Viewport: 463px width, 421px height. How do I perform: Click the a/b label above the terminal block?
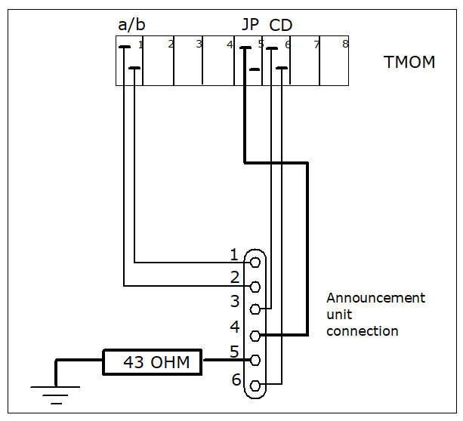click(131, 25)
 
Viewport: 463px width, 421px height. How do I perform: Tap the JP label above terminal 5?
click(251, 24)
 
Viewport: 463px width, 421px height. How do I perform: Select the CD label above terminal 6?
click(280, 25)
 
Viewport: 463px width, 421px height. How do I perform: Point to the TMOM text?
click(409, 62)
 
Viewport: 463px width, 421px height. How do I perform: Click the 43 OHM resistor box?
click(153, 362)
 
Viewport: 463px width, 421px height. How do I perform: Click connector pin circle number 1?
click(255, 262)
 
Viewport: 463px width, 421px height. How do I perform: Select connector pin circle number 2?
click(255, 287)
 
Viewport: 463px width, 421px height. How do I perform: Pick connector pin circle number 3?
click(255, 309)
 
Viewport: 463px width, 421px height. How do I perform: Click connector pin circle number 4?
click(255, 336)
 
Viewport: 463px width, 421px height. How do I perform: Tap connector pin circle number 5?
click(255, 360)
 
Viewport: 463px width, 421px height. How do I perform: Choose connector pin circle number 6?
click(255, 386)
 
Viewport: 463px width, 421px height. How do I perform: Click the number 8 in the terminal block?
click(345, 44)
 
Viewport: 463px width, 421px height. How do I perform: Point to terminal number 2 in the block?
click(171, 45)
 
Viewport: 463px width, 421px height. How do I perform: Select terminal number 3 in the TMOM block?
click(199, 44)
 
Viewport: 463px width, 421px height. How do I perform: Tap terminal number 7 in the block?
click(316, 45)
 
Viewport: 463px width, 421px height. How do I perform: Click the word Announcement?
click(375, 298)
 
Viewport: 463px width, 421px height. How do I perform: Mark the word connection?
click(363, 331)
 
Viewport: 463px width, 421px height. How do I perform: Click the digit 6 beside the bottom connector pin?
click(236, 380)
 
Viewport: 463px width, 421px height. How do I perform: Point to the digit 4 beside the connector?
click(235, 327)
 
